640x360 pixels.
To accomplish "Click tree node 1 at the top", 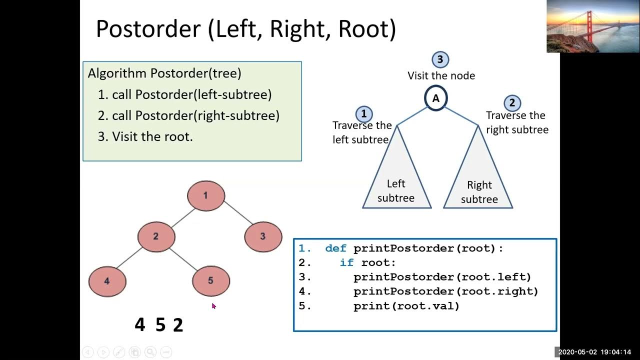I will (205, 195).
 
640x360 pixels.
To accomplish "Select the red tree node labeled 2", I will (156, 236).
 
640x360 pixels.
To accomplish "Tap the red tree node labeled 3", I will (263, 236).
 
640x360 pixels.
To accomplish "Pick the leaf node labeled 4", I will (107, 281).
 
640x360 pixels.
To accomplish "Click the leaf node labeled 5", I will (210, 281).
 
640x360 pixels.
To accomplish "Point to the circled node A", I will (435, 98).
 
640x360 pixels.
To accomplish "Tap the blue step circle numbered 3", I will (440, 59).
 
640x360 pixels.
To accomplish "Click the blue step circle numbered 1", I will (363, 113).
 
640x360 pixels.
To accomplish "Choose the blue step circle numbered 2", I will (511, 103).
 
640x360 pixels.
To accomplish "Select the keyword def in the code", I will (335, 248).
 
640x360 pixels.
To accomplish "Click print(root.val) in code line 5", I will (406, 306).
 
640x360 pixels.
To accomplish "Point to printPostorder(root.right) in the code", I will (445, 291).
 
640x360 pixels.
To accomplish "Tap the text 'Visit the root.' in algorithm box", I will (152, 136).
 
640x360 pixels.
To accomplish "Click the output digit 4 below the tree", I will (139, 325).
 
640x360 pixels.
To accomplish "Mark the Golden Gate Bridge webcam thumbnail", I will (592, 26).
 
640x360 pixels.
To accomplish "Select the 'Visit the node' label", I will (441, 76).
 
